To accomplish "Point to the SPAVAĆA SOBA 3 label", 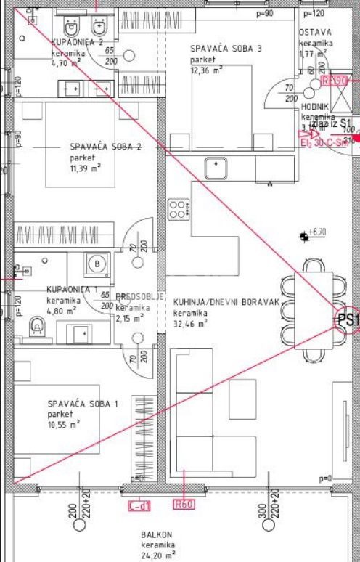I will pos(226,49).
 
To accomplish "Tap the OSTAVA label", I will pos(315,33).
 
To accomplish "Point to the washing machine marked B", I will pos(97,263).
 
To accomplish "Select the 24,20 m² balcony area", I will pos(157,555).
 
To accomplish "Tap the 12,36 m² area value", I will pos(207,70).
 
